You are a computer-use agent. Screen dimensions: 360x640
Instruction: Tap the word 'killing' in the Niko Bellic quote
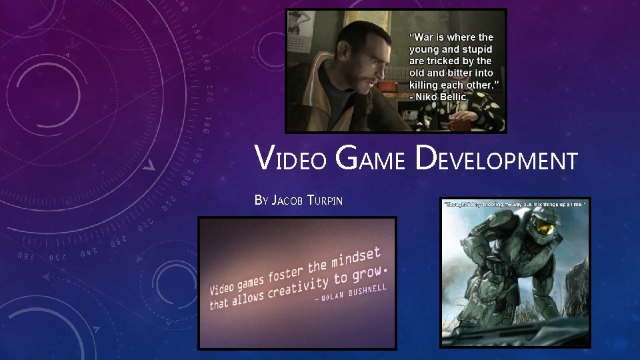point(427,85)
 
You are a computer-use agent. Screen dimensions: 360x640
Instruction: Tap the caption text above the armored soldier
point(515,204)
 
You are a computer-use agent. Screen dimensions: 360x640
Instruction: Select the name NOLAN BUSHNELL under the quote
point(354,293)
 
